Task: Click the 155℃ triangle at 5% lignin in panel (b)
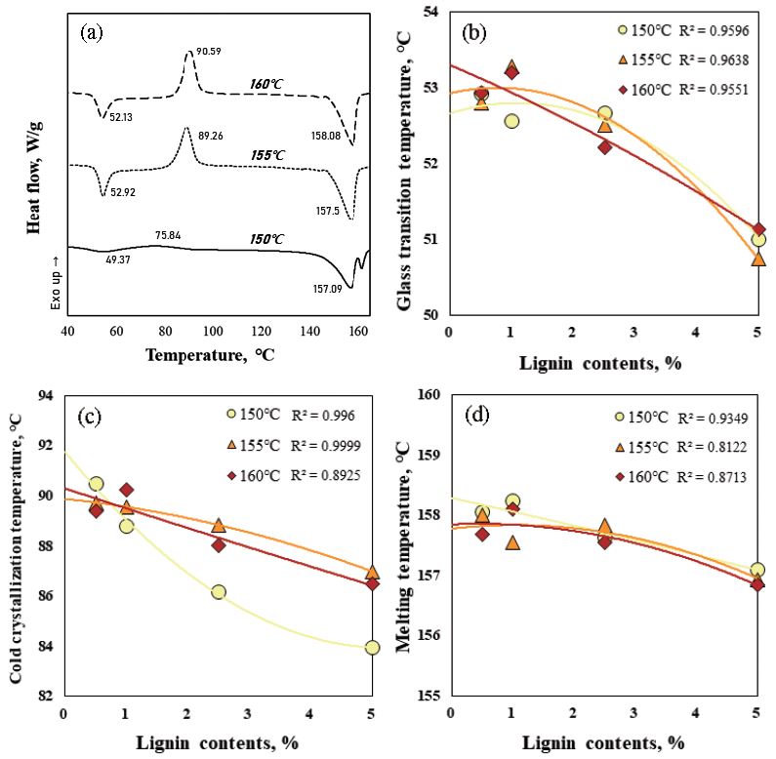click(757, 259)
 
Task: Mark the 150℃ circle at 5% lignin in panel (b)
click(757, 240)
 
